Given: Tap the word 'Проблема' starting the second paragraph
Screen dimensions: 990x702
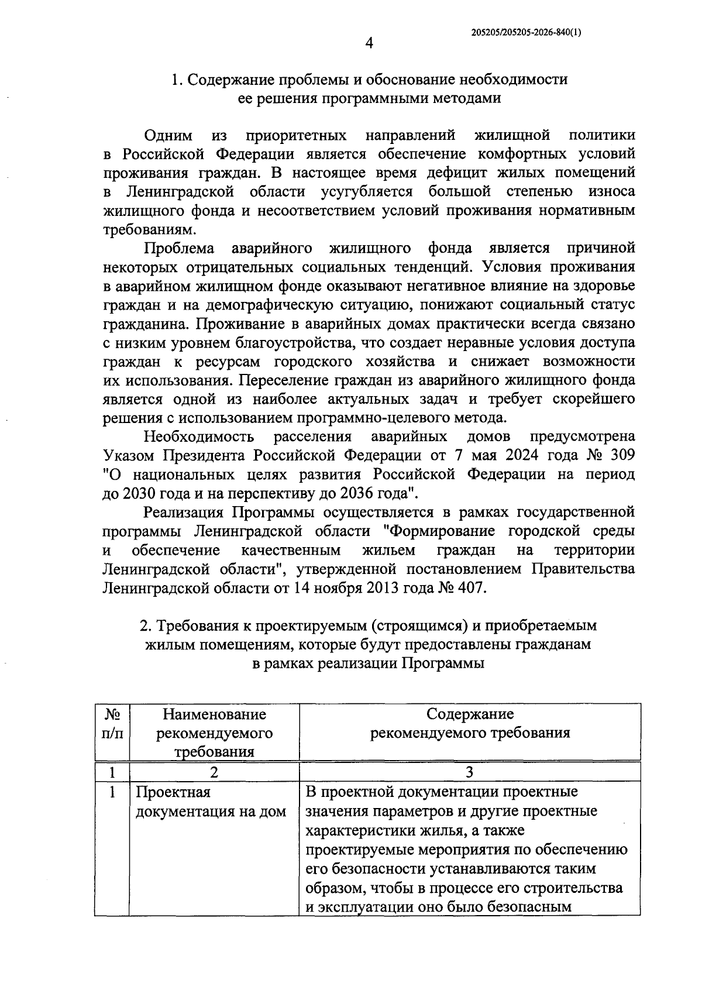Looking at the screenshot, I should coord(180,249).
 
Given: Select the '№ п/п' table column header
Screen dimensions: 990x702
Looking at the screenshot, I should coord(112,723).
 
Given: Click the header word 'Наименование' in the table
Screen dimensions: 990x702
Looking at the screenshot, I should coord(214,714).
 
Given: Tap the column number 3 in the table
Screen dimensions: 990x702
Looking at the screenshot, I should coord(470,772).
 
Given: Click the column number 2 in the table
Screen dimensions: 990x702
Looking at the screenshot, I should coord(214,772).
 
